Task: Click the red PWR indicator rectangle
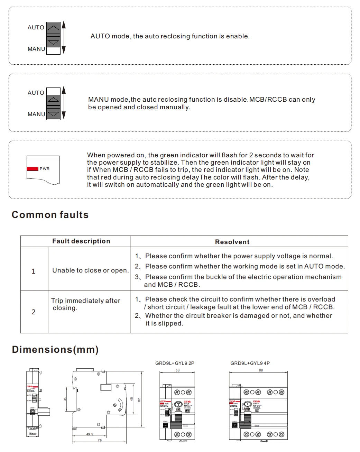click(33, 169)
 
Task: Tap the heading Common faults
click(50, 215)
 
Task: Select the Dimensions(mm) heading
click(55, 349)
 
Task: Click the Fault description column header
click(81, 241)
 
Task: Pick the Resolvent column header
click(232, 242)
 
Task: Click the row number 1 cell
click(34, 271)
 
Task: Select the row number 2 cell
click(34, 312)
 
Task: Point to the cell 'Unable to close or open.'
click(90, 270)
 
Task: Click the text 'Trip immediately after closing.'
click(85, 304)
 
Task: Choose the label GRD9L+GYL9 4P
click(250, 363)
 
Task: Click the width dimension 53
click(177, 370)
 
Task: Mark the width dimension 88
click(261, 370)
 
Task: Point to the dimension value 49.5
click(90, 434)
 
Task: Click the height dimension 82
click(139, 400)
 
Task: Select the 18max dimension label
click(33, 434)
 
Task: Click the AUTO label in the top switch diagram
click(36, 28)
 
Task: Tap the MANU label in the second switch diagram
click(36, 114)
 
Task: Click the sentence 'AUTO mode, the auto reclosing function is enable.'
click(170, 36)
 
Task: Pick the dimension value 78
click(100, 440)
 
